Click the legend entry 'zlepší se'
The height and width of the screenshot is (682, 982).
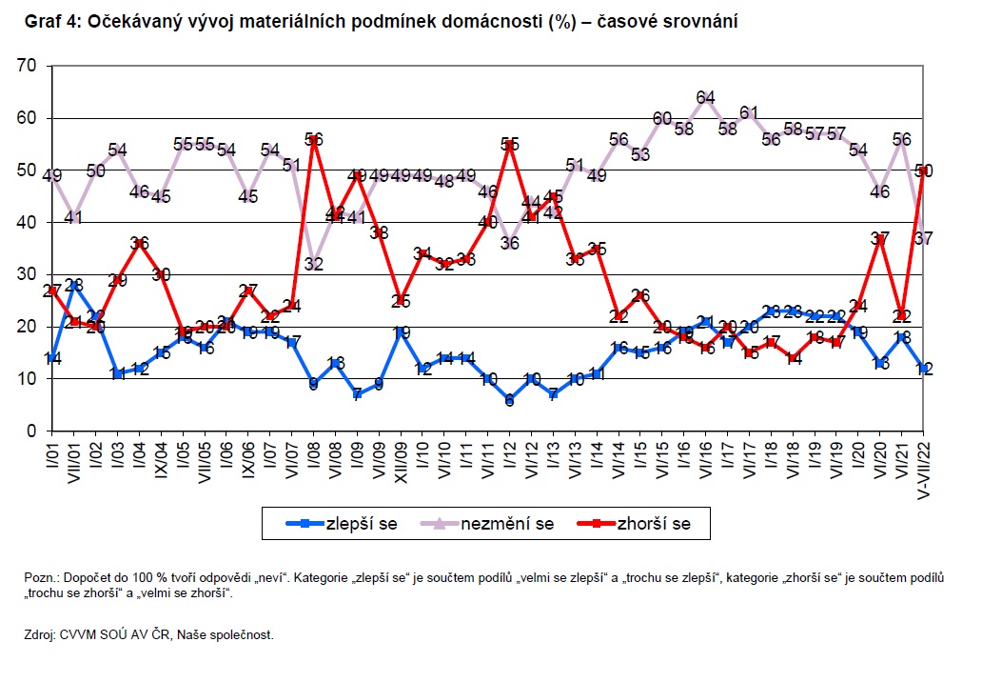point(359,523)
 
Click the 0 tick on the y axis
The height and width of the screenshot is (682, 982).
point(31,431)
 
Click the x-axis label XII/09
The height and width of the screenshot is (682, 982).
point(402,458)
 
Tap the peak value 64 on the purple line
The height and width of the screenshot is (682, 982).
point(705,97)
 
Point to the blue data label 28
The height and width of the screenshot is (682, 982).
point(75,285)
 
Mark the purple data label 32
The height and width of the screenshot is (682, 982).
point(316,264)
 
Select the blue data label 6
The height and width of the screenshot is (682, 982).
point(510,401)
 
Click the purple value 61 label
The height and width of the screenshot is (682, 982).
point(749,112)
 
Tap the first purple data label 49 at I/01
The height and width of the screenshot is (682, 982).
point(53,175)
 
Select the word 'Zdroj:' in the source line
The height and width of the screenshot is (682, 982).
point(42,634)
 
